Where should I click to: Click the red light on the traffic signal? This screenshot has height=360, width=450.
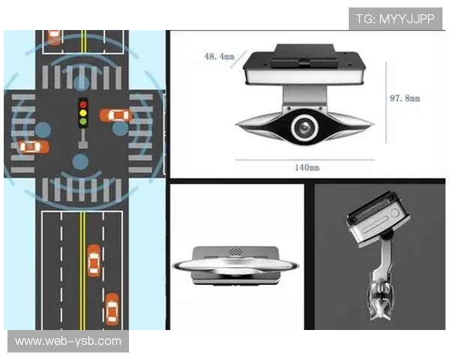83,104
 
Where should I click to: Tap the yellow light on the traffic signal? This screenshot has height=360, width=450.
83,112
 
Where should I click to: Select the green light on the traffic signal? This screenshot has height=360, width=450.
83,121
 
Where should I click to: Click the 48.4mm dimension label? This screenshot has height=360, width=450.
219,56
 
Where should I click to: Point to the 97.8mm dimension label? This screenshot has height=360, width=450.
405,98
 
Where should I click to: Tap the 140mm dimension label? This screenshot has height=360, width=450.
307,167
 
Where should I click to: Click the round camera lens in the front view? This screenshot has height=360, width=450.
304,127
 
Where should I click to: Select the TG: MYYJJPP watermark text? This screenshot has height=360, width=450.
395,19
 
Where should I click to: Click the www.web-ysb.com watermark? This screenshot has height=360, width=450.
68,341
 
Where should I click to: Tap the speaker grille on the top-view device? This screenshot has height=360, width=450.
235,252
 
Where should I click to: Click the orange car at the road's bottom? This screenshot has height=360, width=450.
112,309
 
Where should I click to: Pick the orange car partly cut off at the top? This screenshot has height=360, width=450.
54,37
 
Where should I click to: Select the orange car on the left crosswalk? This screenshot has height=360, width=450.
33,147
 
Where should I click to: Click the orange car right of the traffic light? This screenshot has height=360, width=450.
116,115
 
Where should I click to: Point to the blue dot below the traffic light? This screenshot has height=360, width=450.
80,162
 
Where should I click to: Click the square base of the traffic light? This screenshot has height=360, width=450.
83,145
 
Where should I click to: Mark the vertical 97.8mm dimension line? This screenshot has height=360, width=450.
386,103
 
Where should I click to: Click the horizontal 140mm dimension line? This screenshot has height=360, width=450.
304,160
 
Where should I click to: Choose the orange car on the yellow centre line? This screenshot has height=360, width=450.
94,261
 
